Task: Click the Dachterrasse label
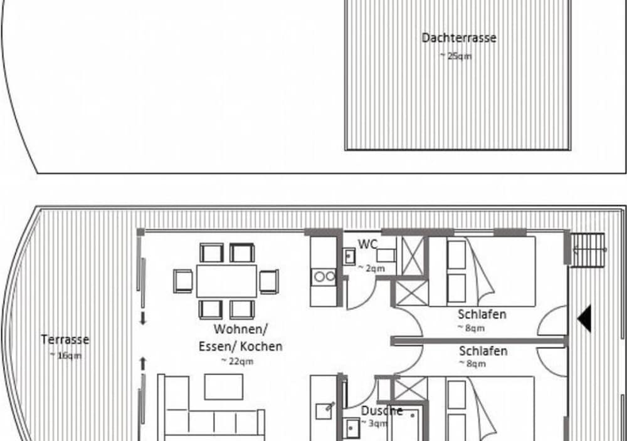pyautogui.click(x=459, y=38)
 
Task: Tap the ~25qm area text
pyautogui.click(x=456, y=56)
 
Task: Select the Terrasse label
pyautogui.click(x=65, y=340)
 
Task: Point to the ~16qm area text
pyautogui.click(x=66, y=355)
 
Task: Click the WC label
pyautogui.click(x=367, y=244)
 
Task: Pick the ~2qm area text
pyautogui.click(x=371, y=269)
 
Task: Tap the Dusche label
pyautogui.click(x=381, y=411)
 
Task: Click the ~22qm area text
pyautogui.click(x=237, y=361)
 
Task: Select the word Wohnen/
pyautogui.click(x=240, y=329)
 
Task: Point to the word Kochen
pyautogui.click(x=261, y=346)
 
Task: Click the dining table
pyautogui.click(x=226, y=281)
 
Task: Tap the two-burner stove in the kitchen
pyautogui.click(x=324, y=276)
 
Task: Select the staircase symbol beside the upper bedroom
pyautogui.click(x=588, y=250)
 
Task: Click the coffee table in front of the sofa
pyautogui.click(x=224, y=387)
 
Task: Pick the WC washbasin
pyautogui.click(x=349, y=256)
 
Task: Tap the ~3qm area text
pyautogui.click(x=374, y=423)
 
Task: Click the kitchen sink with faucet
pyautogui.click(x=324, y=411)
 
